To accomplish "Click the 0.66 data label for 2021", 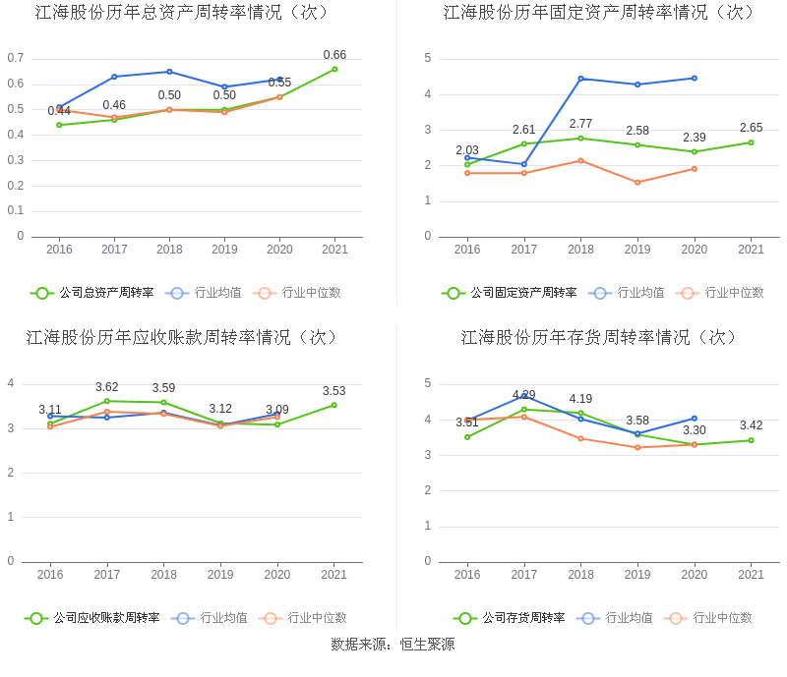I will [334, 55].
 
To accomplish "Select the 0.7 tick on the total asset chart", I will [15, 58].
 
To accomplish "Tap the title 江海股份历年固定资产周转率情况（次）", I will [599, 13].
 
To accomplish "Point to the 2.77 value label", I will [580, 124].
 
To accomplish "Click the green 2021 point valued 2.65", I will [751, 142].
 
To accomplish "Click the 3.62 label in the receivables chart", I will [106, 387].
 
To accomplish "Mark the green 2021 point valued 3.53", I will [333, 405].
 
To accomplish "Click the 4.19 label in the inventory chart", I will [580, 399].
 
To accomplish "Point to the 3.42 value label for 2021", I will [751, 425].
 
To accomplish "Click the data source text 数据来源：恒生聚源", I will [393, 645].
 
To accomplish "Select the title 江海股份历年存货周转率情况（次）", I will [599, 338].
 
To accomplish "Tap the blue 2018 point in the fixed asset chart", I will [580, 79].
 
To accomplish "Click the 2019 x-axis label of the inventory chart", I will [637, 575].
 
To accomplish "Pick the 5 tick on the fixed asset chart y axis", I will [428, 58].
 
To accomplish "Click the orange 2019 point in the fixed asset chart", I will [637, 182].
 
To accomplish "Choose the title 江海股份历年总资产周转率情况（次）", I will [182, 13].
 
